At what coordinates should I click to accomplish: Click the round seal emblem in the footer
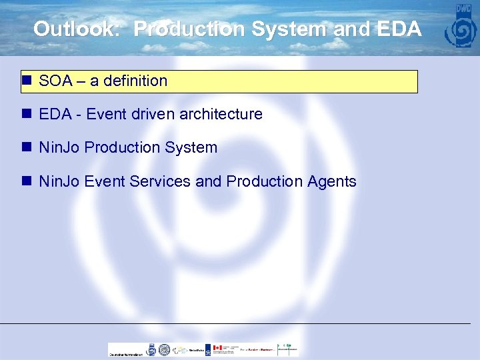151,349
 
